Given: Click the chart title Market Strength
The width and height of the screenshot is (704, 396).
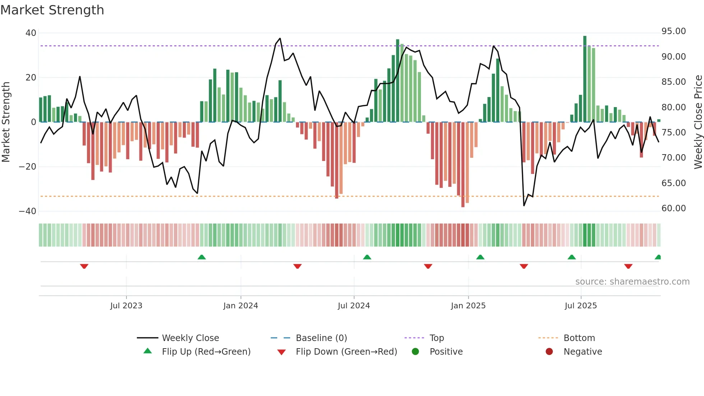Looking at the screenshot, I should [x=52, y=10].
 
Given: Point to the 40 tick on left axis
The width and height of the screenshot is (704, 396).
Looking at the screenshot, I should [x=31, y=33].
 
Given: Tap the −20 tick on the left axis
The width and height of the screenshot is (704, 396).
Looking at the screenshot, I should [x=28, y=167].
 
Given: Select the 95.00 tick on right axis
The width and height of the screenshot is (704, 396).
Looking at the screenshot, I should [x=673, y=31].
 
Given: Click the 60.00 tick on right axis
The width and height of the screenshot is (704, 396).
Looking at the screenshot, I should [x=673, y=208].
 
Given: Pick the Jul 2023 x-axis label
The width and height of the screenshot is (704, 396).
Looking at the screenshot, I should [x=126, y=306].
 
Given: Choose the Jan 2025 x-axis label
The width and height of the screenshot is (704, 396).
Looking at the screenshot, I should [x=468, y=306].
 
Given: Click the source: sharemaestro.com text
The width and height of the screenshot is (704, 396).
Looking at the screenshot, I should [x=632, y=282].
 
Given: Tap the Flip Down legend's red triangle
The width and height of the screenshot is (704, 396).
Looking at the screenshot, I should [x=282, y=352].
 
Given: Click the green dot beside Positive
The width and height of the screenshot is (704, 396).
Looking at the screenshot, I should [x=415, y=352].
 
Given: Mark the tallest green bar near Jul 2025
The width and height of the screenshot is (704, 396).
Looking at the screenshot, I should [x=585, y=79].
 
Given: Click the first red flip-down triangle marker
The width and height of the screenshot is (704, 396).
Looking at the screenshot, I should [x=84, y=266].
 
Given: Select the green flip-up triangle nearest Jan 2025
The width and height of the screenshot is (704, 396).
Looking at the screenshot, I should [x=480, y=257].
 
